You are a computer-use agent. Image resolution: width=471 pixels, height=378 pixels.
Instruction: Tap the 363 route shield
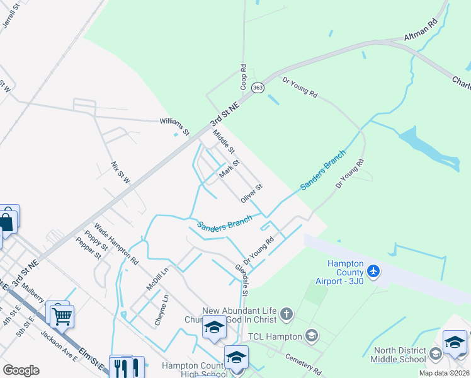[257, 88]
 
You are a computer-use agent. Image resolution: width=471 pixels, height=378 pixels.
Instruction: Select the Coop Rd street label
[242, 75]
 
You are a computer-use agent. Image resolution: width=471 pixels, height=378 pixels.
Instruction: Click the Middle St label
[223, 141]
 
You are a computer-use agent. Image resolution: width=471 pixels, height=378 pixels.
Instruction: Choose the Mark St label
[229, 169]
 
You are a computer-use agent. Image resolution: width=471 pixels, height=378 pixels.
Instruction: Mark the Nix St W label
[120, 172]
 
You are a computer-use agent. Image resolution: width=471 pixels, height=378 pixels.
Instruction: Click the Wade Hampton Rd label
[116, 242]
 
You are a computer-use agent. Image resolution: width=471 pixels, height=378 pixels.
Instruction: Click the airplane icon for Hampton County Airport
[374, 271]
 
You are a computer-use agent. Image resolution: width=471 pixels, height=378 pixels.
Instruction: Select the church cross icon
[287, 314]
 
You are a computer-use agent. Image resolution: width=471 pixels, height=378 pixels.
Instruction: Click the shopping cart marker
[62, 318]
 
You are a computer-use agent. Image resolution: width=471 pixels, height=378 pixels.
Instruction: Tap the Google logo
[21, 370]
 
